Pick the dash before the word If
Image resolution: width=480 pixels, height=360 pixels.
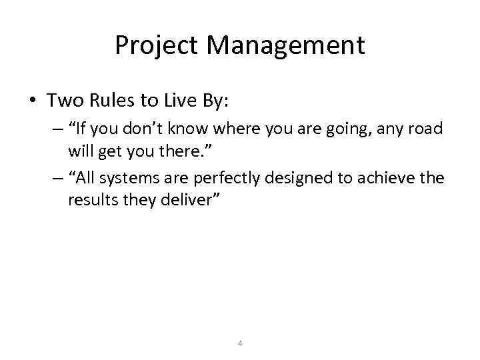(x=55, y=128)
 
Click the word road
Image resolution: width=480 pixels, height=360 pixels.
(x=426, y=128)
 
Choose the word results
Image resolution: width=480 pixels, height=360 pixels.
(x=91, y=200)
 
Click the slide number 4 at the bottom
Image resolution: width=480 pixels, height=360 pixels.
(x=240, y=344)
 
